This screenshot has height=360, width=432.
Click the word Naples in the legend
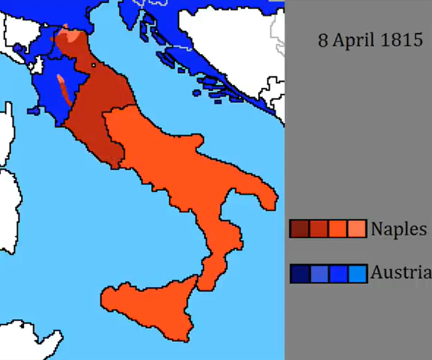[x=399, y=229]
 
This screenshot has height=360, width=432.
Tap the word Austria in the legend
[x=401, y=273]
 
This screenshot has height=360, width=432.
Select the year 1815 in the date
[x=402, y=40]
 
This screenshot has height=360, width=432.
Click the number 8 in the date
[x=323, y=40]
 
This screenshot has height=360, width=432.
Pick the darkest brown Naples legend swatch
[x=300, y=229]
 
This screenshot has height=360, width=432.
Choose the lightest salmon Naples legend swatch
[x=357, y=229]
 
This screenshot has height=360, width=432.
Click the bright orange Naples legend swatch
[x=338, y=229]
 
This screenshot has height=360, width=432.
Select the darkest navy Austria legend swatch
[x=300, y=274]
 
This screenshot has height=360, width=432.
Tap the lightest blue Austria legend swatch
[x=357, y=274]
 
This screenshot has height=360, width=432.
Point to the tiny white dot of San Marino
[x=94, y=65]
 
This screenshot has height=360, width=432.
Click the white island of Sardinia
[x=9, y=209]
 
